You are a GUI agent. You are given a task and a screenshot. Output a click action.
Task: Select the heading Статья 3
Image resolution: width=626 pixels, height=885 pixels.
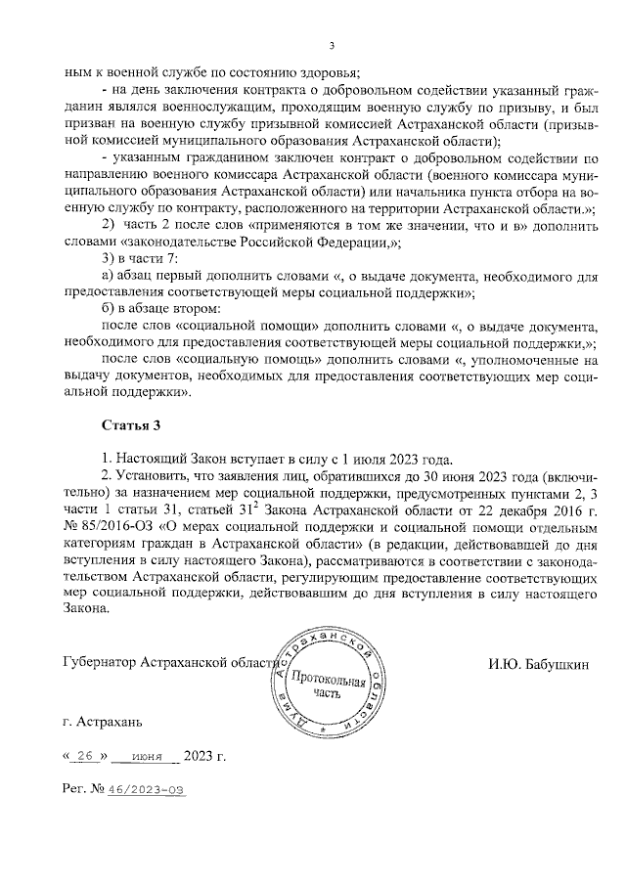tap(131, 425)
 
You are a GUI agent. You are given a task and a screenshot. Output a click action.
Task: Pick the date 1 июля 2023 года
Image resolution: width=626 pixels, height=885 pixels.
tap(395, 458)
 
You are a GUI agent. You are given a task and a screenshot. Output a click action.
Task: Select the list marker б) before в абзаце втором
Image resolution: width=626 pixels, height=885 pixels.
tap(109, 308)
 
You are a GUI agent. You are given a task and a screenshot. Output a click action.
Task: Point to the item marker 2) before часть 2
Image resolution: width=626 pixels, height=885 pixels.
tap(110, 226)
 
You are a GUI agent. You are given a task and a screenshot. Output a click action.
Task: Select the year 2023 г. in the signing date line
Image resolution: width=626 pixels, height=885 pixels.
tap(205, 757)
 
